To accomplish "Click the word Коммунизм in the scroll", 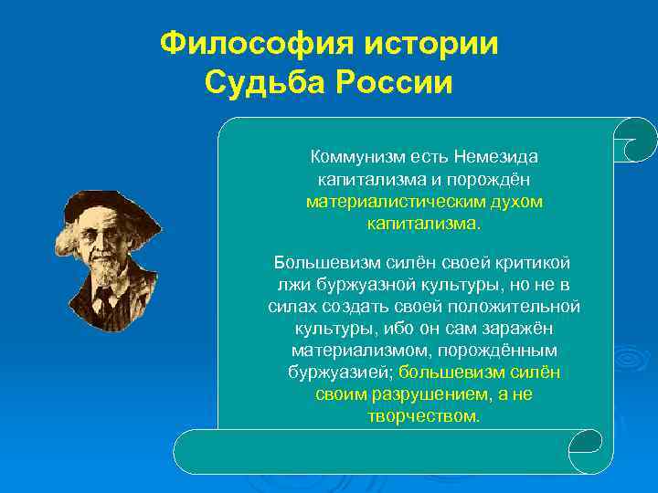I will [354, 157].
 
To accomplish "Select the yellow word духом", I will [518, 201].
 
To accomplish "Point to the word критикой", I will [536, 263].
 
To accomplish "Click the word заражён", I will [515, 329].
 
